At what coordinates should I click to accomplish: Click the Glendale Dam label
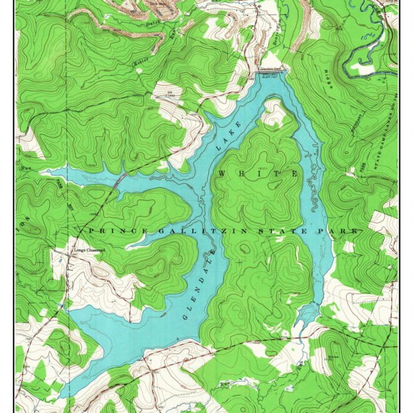click(x=271, y=68)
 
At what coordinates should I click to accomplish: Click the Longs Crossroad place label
click(x=87, y=250)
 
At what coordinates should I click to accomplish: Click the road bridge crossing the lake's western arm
click(x=118, y=180)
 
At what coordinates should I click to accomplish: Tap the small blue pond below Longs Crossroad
click(x=61, y=305)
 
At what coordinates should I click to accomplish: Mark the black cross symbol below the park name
click(x=240, y=261)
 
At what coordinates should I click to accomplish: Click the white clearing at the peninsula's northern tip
click(x=273, y=113)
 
